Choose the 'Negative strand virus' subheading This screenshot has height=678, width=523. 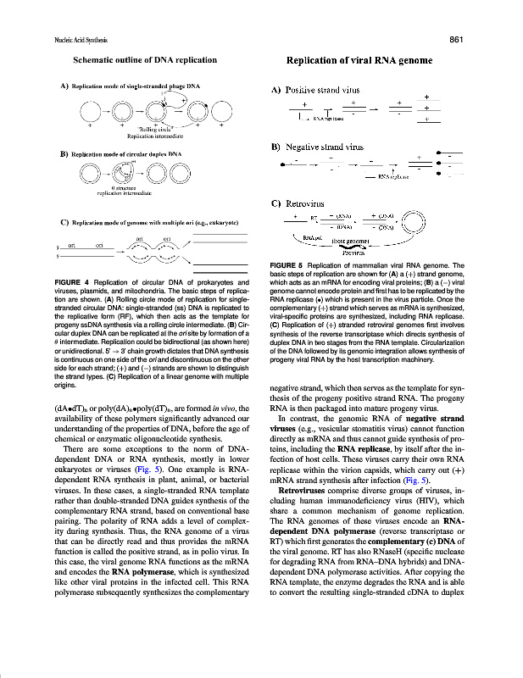pos(323,147)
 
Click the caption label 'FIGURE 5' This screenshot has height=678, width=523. pos(287,264)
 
